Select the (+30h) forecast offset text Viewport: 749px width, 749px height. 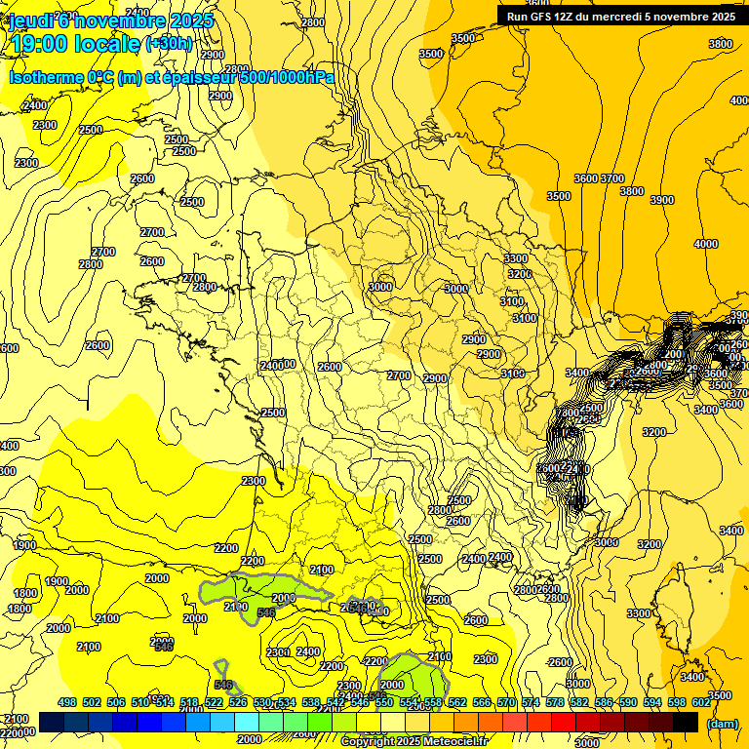(x=169, y=44)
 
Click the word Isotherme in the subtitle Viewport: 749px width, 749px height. (x=45, y=78)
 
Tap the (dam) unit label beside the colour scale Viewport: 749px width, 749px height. (x=722, y=723)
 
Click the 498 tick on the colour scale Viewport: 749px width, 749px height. (x=67, y=702)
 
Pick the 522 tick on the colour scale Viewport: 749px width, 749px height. (x=214, y=702)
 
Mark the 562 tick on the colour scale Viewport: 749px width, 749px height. (x=457, y=702)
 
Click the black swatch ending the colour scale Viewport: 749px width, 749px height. (x=686, y=722)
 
